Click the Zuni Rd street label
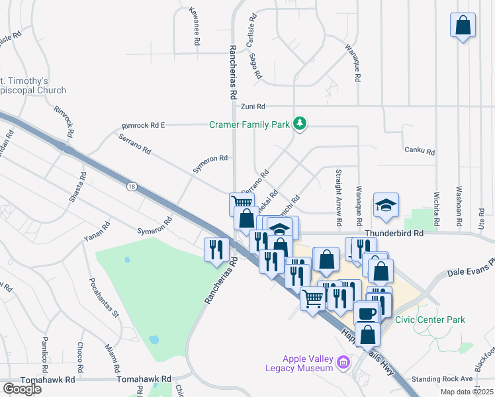click(253, 107)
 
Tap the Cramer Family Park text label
click(250, 124)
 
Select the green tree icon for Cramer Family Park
click(300, 124)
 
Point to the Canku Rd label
click(420, 152)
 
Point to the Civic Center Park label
click(430, 320)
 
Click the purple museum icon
click(343, 362)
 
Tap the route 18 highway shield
click(132, 187)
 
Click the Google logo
click(22, 388)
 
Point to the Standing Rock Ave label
click(442, 379)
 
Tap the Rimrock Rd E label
click(144, 125)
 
